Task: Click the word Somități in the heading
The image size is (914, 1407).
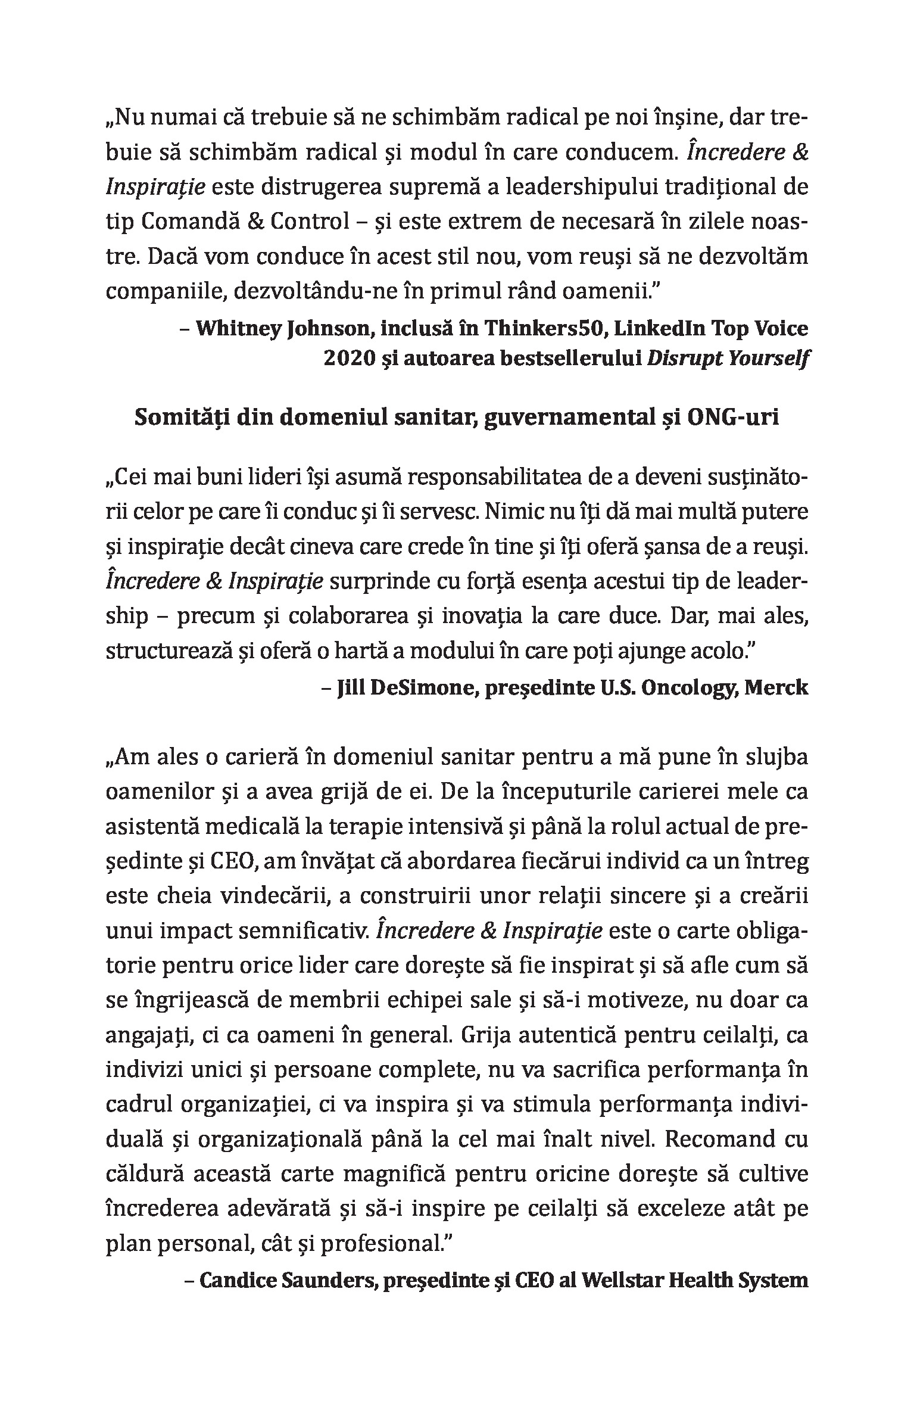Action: coord(177,418)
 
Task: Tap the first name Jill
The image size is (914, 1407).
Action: coord(351,687)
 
